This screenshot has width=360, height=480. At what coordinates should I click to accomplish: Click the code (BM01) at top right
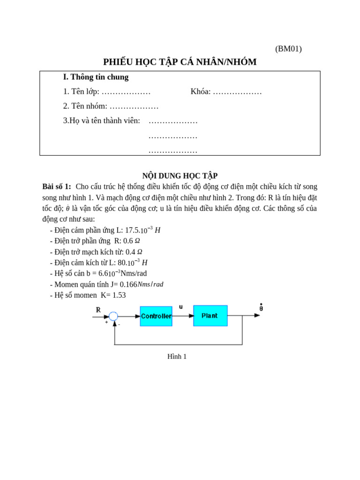(x=288, y=49)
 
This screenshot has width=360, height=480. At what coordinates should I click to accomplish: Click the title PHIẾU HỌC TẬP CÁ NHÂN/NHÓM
(x=180, y=62)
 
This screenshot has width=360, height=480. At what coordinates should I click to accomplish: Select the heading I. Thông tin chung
(x=96, y=77)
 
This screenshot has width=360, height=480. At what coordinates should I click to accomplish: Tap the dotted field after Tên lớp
(x=126, y=91)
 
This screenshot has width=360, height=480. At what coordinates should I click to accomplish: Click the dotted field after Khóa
(x=237, y=91)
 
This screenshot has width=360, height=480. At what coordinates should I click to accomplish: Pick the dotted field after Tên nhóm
(x=134, y=106)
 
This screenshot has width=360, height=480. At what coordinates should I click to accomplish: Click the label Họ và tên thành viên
(x=102, y=120)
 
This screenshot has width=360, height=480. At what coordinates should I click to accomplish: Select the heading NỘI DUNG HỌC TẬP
(x=180, y=176)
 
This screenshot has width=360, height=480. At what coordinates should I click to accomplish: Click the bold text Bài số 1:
(x=57, y=187)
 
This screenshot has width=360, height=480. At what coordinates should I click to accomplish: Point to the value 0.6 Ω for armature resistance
(x=132, y=241)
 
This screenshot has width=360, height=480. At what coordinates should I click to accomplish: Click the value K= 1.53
(x=113, y=295)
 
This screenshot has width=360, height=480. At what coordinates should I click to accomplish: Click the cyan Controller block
(x=156, y=316)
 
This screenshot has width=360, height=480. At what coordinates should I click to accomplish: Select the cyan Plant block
(x=210, y=315)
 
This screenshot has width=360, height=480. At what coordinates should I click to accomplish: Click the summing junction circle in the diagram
(x=113, y=316)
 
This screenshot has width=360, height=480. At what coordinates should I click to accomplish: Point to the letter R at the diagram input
(x=98, y=310)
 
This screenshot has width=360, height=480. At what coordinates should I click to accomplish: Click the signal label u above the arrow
(x=181, y=307)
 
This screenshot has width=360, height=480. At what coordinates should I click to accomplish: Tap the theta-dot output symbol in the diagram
(x=261, y=307)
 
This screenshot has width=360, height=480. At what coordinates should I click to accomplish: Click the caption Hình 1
(x=177, y=356)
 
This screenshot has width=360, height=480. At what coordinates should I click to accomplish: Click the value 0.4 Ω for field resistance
(x=134, y=252)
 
